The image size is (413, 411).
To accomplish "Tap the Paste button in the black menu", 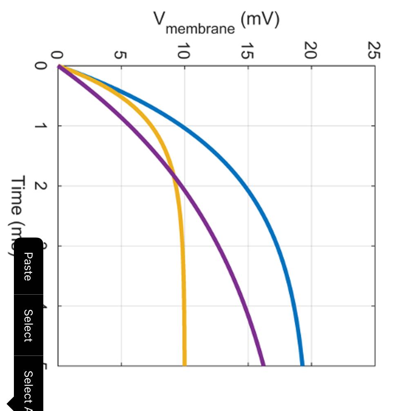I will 28,267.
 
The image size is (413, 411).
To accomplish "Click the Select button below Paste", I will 28,325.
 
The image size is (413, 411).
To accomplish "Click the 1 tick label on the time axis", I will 40,126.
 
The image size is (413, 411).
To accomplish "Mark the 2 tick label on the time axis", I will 40,186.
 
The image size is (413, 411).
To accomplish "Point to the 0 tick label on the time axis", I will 40,66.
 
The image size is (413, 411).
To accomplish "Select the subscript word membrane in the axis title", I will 200,29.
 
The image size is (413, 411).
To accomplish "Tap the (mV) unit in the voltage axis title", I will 260,19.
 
